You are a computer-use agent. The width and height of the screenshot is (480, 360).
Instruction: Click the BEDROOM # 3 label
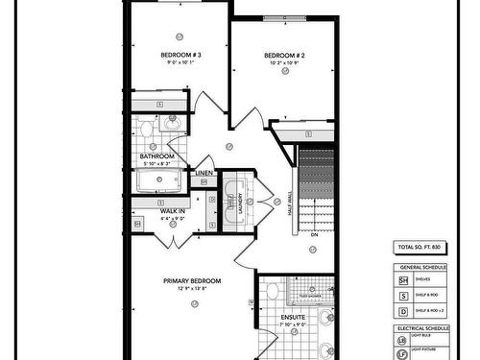180,56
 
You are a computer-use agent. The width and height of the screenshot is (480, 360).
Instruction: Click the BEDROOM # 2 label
284,56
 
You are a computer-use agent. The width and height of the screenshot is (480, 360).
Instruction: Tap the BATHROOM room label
156,156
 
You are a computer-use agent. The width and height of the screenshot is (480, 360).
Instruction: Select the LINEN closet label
204,173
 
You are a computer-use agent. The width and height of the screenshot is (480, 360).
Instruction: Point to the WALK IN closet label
173,210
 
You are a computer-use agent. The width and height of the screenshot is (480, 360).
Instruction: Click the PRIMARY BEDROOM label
191,280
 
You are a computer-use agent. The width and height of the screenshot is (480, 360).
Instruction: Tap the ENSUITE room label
293,316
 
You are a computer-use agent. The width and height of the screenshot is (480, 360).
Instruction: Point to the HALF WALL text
289,206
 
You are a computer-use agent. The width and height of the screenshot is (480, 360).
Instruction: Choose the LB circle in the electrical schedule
403,342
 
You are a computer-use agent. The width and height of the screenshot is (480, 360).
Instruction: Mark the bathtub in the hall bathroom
158,180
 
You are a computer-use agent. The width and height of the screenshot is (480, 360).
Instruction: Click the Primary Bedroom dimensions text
191,288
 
